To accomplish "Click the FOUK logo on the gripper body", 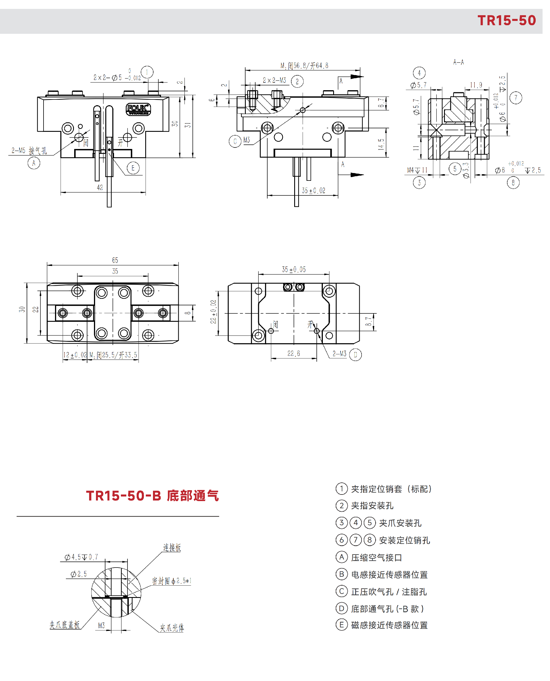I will click(x=138, y=109).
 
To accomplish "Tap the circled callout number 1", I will click(x=147, y=72).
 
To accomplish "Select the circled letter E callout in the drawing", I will click(x=133, y=168).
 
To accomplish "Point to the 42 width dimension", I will click(x=100, y=188).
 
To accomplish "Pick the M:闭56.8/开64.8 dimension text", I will click(x=304, y=66).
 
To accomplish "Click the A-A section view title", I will click(x=458, y=62).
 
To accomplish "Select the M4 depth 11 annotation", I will click(x=417, y=170).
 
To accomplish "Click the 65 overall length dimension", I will click(x=115, y=260).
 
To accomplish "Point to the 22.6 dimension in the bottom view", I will click(x=293, y=353).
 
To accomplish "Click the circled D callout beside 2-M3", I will click(x=355, y=355).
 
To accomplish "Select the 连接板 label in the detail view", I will click(x=172, y=547).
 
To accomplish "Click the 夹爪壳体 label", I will click(x=172, y=628).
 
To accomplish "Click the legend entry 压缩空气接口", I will click(x=376, y=558).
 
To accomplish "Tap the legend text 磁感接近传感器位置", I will click(x=389, y=625).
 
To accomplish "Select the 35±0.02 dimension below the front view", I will click(x=313, y=191).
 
